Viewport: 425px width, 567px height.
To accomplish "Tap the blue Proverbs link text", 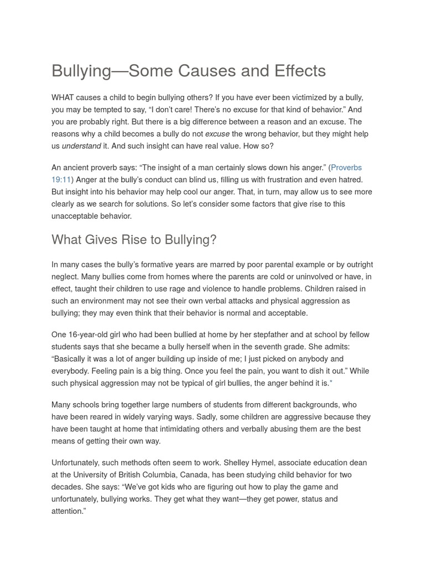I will (x=346, y=167).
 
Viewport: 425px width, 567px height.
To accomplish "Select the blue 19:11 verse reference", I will (x=61, y=179).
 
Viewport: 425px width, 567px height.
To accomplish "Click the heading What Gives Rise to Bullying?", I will (x=134, y=240).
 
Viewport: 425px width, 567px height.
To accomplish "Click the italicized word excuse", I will (x=217, y=134).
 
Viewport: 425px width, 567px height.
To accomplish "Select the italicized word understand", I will (x=81, y=146).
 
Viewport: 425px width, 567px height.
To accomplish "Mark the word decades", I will (x=67, y=487).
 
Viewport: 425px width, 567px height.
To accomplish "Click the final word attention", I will (x=67, y=512).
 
